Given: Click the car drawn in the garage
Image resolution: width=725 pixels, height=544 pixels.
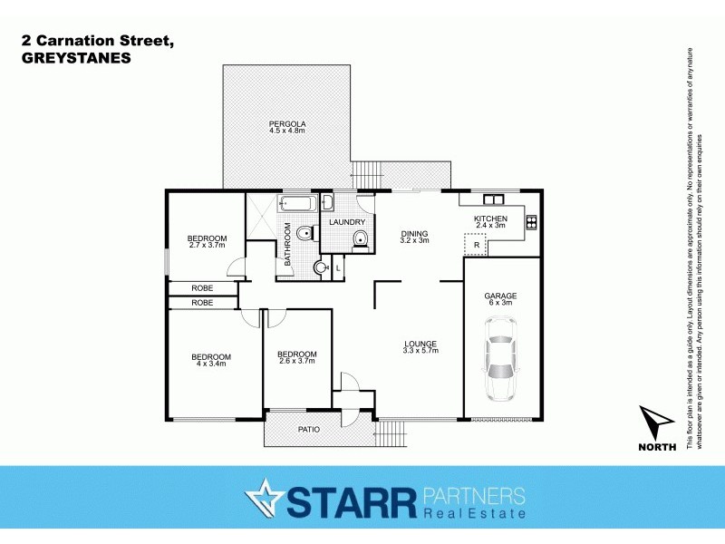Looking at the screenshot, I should click(500, 368).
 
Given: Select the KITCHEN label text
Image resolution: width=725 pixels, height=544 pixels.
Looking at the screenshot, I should click(490, 219).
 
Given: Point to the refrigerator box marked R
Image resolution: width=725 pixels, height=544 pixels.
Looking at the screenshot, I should click(476, 245).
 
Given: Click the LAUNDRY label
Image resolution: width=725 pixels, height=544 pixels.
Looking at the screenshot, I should click(347, 222).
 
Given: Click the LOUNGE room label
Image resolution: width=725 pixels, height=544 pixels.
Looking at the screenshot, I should click(420, 344).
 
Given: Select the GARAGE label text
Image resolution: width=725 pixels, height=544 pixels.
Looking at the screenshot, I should click(500, 296).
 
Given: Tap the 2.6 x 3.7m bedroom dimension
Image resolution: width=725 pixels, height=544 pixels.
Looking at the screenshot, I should click(296, 362).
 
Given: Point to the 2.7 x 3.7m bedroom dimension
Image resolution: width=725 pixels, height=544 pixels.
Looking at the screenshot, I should click(208, 245).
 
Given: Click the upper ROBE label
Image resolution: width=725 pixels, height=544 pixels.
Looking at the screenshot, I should click(202, 287).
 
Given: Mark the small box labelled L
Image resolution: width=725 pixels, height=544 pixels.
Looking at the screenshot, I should click(338, 267).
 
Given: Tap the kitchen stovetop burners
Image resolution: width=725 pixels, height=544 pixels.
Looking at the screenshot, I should click(531, 219).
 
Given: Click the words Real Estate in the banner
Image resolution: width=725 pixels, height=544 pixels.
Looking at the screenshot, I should click(475, 515).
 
